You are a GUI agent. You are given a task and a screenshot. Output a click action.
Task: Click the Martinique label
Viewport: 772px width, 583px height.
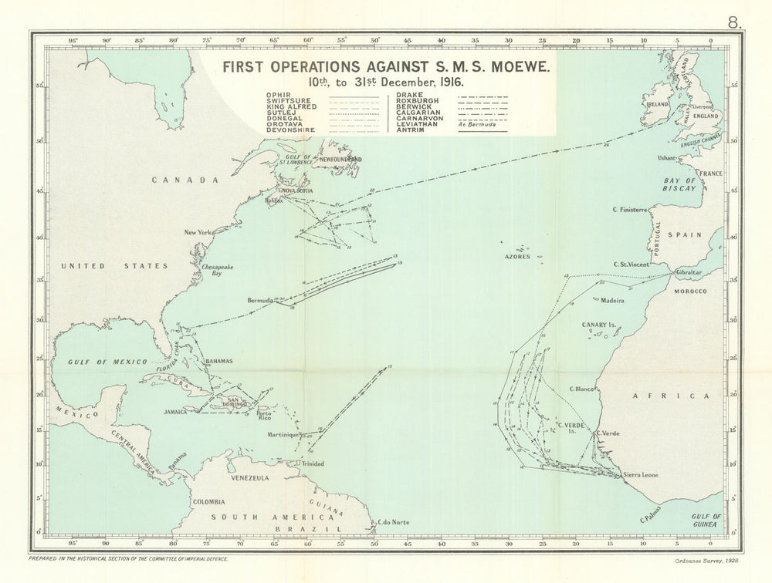(x=283, y=435)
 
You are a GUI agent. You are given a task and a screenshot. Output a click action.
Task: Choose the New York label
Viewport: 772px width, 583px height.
(x=198, y=232)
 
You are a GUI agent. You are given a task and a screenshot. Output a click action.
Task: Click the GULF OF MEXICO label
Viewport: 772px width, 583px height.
(x=96, y=361)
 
